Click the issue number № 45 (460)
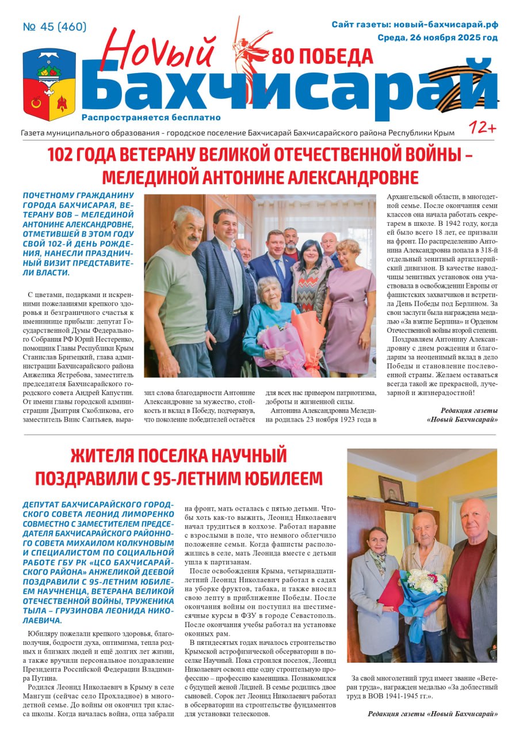point(55,27)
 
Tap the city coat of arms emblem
point(49,84)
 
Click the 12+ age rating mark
point(482,128)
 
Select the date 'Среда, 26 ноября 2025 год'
point(437,38)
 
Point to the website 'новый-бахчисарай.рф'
point(449,25)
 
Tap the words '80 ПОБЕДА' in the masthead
point(322,57)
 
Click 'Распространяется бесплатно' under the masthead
point(151,117)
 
